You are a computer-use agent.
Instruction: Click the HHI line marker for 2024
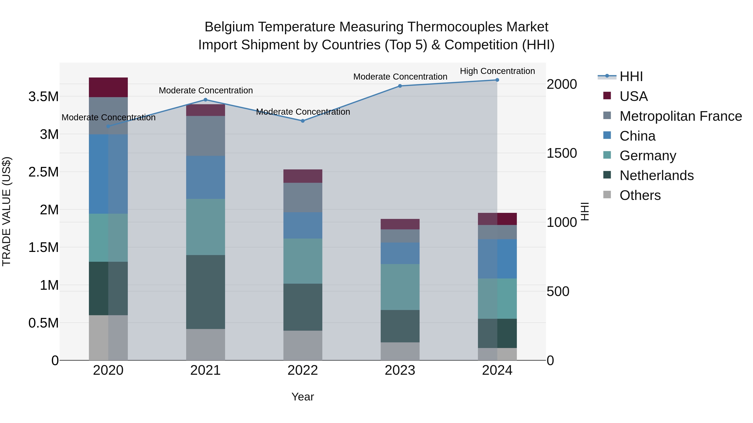(497, 80)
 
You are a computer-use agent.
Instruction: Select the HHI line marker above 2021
(205, 100)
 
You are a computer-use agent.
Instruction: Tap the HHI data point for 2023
(400, 86)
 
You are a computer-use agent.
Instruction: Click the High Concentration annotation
(497, 71)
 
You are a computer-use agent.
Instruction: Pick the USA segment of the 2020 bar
(108, 87)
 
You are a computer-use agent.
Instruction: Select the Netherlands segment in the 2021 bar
(205, 292)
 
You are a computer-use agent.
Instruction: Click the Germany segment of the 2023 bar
(400, 287)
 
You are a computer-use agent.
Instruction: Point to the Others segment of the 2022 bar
(302, 345)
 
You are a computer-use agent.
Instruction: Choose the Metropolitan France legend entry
(680, 116)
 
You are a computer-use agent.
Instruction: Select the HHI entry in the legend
(631, 76)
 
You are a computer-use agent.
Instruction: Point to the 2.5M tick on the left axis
(44, 172)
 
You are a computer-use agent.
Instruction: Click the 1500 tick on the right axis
(562, 153)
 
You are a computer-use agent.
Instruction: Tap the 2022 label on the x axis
(302, 370)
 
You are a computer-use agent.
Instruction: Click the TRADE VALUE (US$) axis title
(6, 211)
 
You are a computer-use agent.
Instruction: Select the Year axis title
(302, 397)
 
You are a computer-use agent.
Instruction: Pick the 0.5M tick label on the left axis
(44, 323)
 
